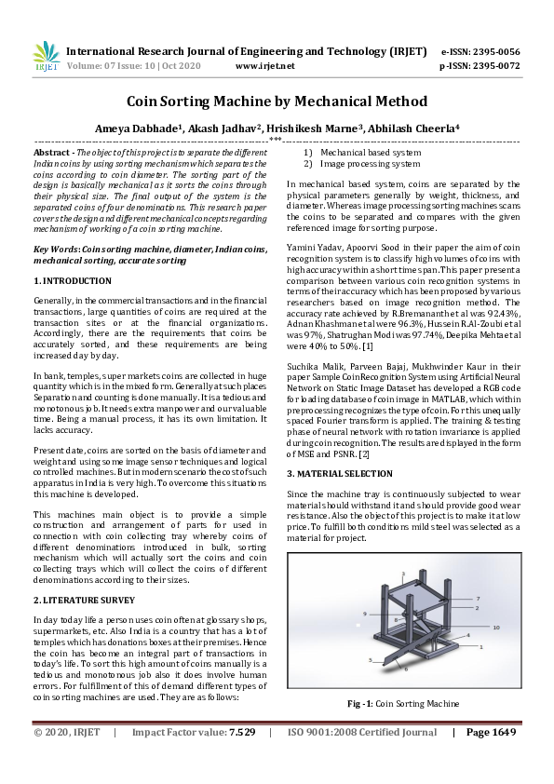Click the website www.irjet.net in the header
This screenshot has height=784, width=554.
[x=265, y=66]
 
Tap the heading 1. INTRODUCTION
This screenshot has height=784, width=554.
[x=72, y=280]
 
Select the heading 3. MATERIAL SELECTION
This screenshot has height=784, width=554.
[x=343, y=474]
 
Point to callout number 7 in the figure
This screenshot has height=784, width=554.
[x=477, y=599]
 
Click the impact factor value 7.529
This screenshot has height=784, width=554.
[x=242, y=759]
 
